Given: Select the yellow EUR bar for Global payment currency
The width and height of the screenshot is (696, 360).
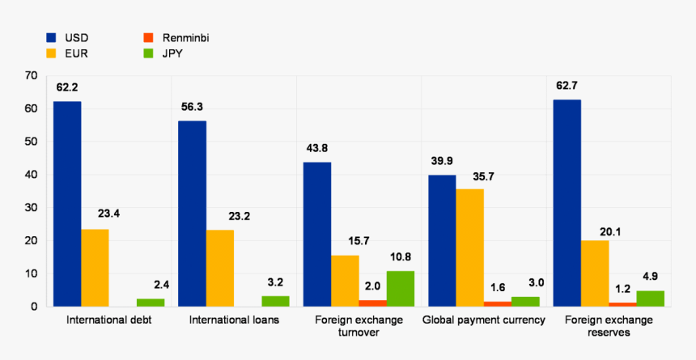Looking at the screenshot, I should pyautogui.click(x=469, y=248).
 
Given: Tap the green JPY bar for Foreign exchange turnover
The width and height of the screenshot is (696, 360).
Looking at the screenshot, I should pyautogui.click(x=400, y=289).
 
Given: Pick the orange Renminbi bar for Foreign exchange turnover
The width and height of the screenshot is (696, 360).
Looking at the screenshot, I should pyautogui.click(x=372, y=303).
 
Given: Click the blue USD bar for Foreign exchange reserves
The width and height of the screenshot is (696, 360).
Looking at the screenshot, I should pyautogui.click(x=567, y=203).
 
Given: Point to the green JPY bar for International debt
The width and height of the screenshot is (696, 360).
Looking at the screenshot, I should pyautogui.click(x=150, y=303).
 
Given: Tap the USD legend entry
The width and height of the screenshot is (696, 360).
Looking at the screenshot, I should pyautogui.click(x=68, y=37).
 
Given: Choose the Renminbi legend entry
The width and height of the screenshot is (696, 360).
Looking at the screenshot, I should pyautogui.click(x=176, y=37).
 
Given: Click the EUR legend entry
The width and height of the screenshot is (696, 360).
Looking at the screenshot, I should pyautogui.click(x=68, y=53).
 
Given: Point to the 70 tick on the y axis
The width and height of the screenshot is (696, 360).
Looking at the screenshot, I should pyautogui.click(x=32, y=75).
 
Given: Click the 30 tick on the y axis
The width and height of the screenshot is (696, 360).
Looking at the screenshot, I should pyautogui.click(x=32, y=208).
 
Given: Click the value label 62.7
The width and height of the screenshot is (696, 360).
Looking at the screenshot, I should pyautogui.click(x=567, y=86).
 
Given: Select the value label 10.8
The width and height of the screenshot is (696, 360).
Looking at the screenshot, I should pyautogui.click(x=400, y=257).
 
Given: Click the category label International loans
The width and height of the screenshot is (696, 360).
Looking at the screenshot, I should pyautogui.click(x=234, y=320).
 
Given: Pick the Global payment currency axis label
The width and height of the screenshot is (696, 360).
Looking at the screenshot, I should pyautogui.click(x=483, y=320).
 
